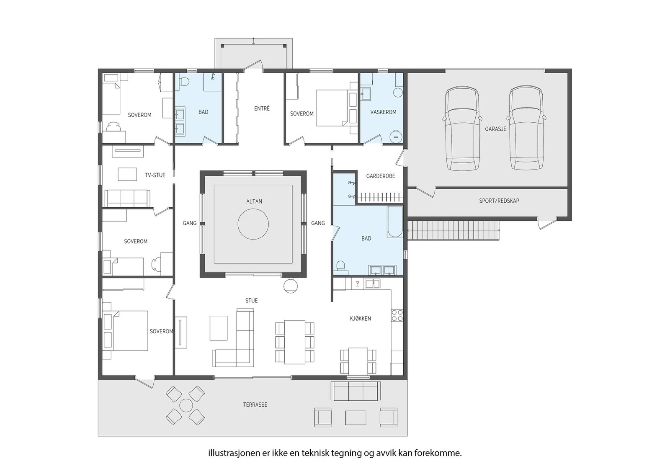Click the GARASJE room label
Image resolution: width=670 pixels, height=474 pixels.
coord(495,129)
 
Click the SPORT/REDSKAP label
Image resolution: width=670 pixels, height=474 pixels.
coord(499,201)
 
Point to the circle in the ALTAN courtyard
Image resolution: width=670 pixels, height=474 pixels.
coord(253,224)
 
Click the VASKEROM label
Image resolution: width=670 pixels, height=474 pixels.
coord(383,112)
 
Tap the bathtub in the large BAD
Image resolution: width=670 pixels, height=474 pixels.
coord(395,222)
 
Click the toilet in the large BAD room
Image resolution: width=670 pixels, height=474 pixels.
coord(340,266)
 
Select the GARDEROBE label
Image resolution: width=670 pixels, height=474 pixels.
coord(380,176)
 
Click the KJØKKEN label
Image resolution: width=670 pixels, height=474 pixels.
coord(360,319)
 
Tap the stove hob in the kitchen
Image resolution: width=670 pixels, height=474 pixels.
coord(397,315)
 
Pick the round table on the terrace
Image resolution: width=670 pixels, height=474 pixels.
coord(185,405)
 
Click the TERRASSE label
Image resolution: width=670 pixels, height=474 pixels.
coord(255,405)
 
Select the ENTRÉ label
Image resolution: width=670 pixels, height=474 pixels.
coord(262,108)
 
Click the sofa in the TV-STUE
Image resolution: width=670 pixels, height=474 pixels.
coord(127,198)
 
